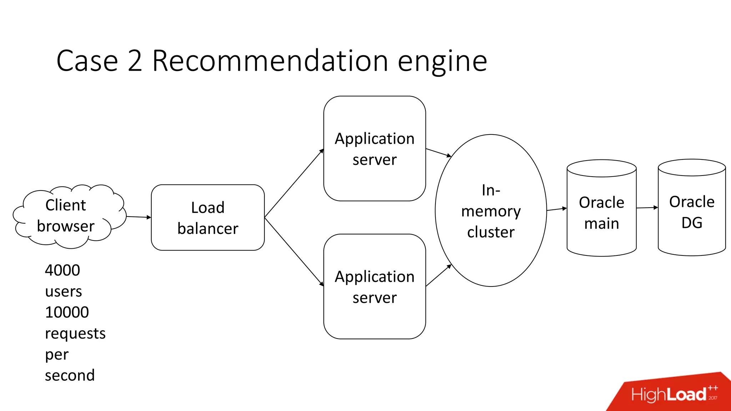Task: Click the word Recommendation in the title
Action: [x=270, y=61]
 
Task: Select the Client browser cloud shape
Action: [x=68, y=216]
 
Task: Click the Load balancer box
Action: [x=208, y=218]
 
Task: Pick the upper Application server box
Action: [x=374, y=148]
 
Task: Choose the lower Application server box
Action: [x=374, y=286]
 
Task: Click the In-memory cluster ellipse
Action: [x=491, y=210]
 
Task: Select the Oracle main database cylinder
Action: [x=601, y=213]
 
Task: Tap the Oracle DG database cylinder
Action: [x=691, y=212]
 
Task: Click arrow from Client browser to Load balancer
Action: [x=138, y=217]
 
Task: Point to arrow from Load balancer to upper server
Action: [x=294, y=183]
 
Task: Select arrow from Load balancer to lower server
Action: [x=294, y=251]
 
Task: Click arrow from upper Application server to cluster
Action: [x=438, y=153]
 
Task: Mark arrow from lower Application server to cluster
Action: [x=438, y=275]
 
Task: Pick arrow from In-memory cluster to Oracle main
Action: [x=556, y=209]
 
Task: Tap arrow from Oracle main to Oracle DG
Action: [x=647, y=208]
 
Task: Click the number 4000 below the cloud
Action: [x=62, y=270]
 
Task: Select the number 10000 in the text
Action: [x=67, y=313]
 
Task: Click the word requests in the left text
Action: [x=75, y=334]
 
